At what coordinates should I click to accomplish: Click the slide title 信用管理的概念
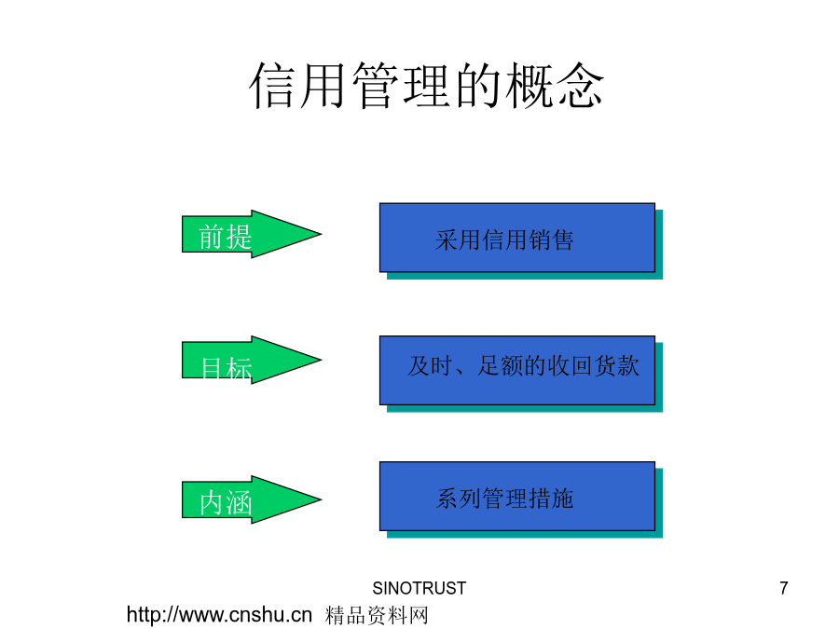coord(426,86)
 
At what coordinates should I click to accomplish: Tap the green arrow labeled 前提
coord(251,234)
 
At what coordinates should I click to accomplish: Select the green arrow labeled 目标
coord(251,360)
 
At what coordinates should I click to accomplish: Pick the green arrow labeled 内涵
coord(251,499)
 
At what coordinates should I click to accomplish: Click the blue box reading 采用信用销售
coord(517,238)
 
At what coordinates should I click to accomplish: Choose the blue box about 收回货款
coord(517,370)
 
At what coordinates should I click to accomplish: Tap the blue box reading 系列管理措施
coord(517,497)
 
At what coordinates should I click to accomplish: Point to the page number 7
coord(784,588)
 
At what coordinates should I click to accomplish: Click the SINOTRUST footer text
coord(419,588)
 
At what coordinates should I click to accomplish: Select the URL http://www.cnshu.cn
coord(219,615)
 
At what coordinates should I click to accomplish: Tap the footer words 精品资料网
coord(377,616)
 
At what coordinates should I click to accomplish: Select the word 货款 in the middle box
coord(617,366)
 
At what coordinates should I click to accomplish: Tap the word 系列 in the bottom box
coord(459,499)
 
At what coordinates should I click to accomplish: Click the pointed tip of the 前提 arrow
coord(321,234)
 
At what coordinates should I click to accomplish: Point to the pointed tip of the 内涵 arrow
coord(321,499)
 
